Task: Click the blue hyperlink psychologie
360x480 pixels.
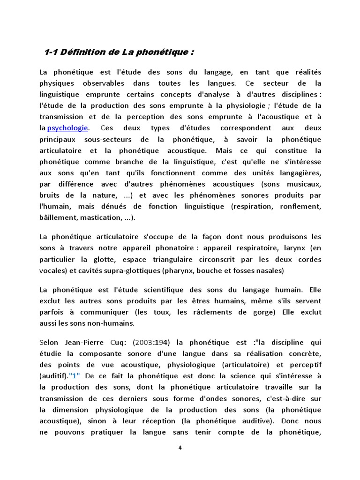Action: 67,128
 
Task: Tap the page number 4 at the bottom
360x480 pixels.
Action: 180,448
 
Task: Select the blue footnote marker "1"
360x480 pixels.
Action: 75,375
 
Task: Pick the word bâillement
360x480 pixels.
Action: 59,217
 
